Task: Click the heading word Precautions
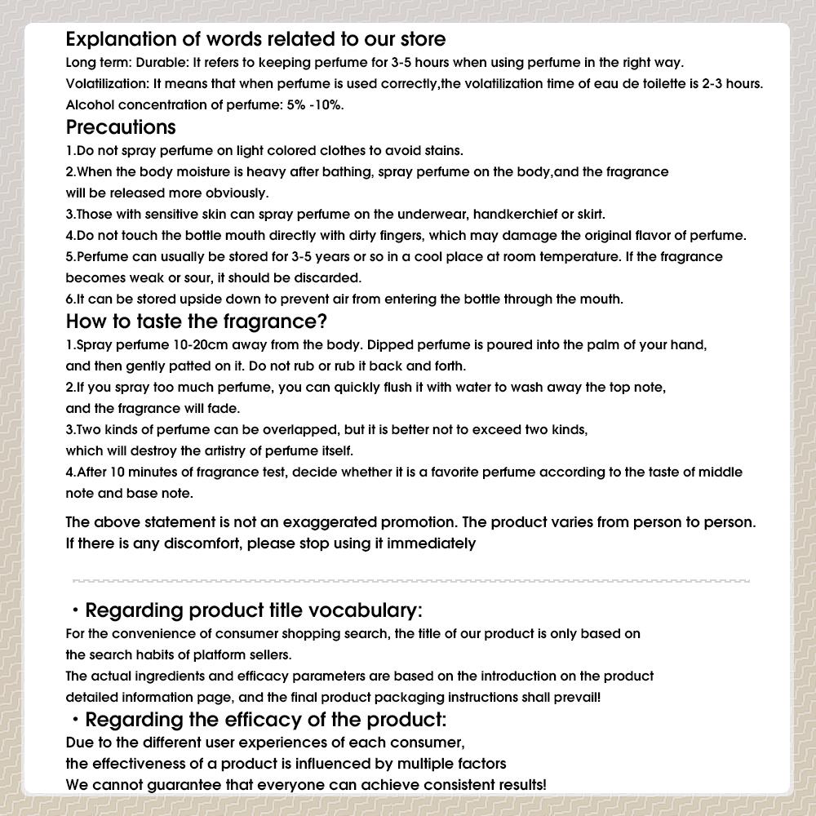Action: (121, 127)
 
